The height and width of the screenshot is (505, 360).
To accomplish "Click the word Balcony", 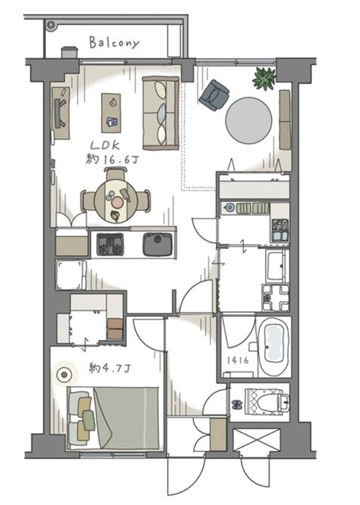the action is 114,43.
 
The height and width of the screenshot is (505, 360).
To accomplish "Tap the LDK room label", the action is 105,146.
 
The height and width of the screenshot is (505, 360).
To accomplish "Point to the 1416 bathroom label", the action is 238,360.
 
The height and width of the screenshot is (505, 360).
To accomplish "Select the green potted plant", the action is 264,79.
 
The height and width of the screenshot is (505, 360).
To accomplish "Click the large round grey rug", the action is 248,120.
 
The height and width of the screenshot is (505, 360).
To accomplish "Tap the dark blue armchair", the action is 214,95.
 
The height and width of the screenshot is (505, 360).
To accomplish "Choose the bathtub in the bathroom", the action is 274,347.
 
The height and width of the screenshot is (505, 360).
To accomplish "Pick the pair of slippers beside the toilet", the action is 237,405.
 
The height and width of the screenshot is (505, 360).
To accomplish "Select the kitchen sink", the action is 158,244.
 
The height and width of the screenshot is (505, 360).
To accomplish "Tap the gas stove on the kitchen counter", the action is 110,244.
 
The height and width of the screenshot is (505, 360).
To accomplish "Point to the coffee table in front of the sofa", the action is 111,113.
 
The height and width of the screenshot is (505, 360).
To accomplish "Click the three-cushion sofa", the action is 161,113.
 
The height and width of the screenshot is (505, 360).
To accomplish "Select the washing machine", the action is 275,298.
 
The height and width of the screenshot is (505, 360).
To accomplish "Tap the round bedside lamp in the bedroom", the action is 64,375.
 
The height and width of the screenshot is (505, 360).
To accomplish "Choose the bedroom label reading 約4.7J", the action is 110,368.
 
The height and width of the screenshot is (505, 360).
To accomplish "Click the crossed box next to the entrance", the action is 256,440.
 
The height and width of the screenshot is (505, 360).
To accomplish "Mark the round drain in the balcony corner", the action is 50,24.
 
